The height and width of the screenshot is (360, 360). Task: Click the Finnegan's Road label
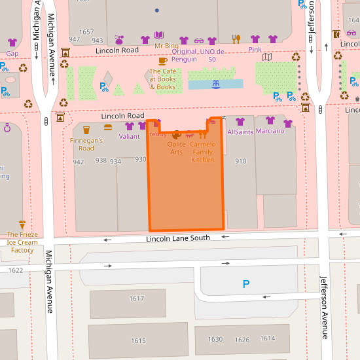86,144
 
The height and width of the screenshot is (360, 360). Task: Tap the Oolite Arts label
176,147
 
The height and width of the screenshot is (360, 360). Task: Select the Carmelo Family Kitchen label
203,151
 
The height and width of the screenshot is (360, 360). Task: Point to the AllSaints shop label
240,132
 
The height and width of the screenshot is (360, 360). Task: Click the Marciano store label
270,131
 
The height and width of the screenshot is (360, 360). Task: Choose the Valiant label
129,136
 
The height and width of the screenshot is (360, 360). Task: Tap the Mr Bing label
166,46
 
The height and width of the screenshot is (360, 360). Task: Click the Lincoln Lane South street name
178,238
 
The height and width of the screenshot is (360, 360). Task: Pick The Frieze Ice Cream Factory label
22,242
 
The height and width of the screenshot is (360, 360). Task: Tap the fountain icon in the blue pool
215,84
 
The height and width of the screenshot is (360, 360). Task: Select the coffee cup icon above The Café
162,61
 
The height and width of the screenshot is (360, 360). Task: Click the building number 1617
136,298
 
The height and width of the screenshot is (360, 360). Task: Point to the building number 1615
138,340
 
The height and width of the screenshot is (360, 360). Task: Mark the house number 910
240,161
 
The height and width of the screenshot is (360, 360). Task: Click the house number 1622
16,270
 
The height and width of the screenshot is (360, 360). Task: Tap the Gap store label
12,53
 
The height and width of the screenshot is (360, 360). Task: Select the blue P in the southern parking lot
246,284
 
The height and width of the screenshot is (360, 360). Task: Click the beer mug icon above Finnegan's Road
86,130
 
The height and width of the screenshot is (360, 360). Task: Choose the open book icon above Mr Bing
159,35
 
